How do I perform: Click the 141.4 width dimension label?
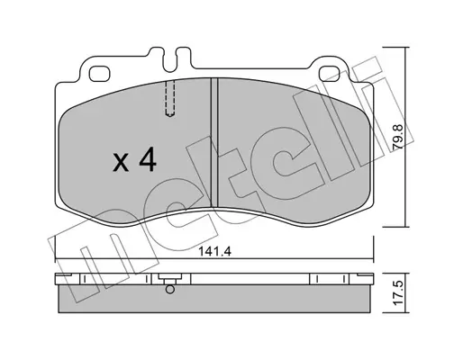(214, 251)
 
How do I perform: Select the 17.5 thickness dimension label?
(399, 293)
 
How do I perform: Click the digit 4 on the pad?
(148, 160)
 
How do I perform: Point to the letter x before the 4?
(121, 164)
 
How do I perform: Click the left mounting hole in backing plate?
(100, 74)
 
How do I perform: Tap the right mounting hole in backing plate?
(330, 74)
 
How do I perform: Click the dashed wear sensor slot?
(170, 98)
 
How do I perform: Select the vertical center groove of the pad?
(214, 142)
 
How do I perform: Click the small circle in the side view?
(170, 290)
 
